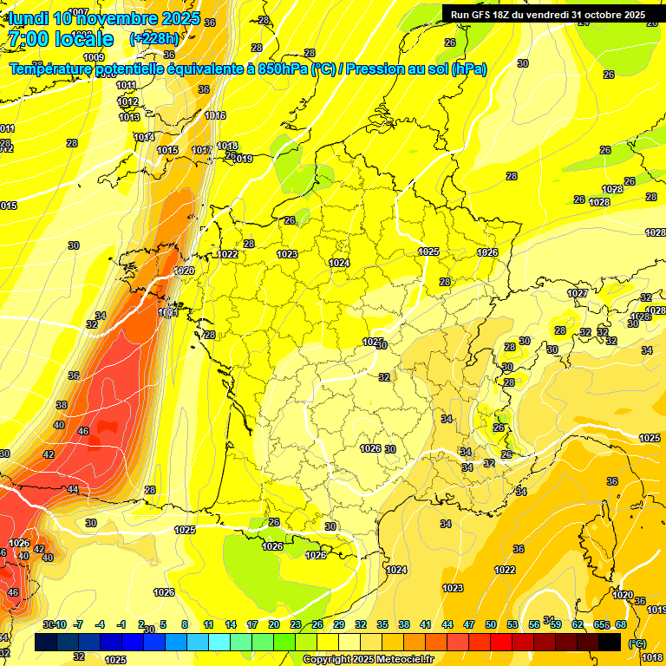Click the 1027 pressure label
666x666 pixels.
pos(578,293)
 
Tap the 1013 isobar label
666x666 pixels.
pos(129,117)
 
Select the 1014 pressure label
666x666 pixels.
pos(144,137)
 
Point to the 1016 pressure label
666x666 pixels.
pos(215,115)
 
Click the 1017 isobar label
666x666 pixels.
pos(202,150)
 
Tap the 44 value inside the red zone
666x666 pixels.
pos(72,490)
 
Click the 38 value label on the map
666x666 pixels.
pos(62,405)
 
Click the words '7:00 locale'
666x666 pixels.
pos(60,39)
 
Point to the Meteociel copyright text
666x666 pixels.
pos(368,659)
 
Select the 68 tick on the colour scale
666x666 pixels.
pos(621,624)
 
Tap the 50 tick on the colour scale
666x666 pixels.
pos(491,624)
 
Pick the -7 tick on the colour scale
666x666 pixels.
pos(78,624)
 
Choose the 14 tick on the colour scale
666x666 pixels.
pos(231,624)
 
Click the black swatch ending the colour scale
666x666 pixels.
pos(610,642)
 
